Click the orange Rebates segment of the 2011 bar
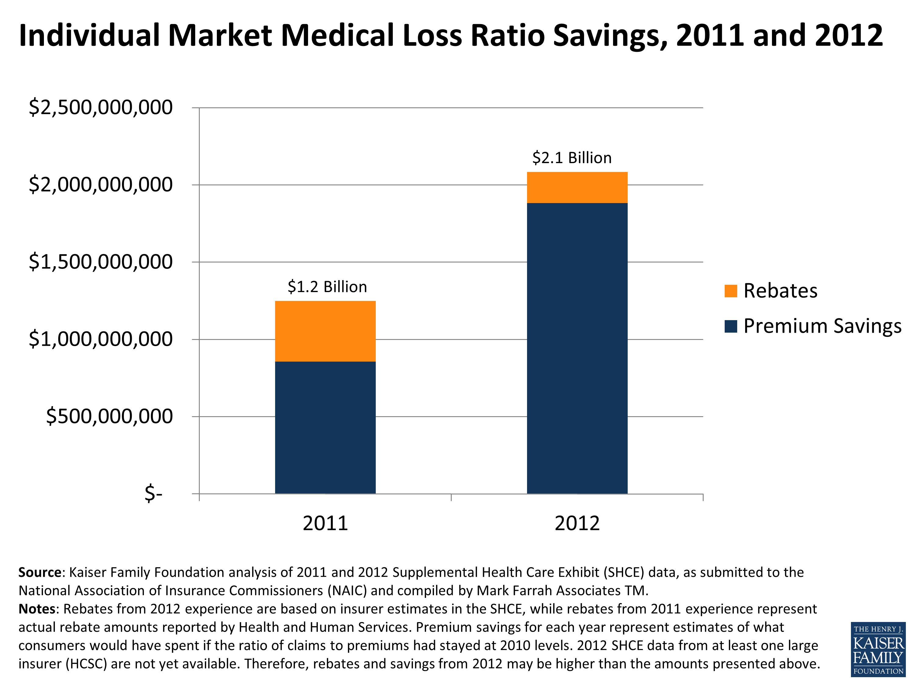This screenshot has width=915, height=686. click(x=325, y=331)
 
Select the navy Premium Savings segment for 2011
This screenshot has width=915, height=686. click(x=325, y=427)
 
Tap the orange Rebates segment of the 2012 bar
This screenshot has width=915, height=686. click(x=577, y=187)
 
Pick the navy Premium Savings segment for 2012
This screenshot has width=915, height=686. click(x=577, y=348)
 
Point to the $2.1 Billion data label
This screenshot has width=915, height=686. click(x=572, y=158)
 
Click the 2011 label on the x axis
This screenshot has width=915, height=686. click(x=325, y=523)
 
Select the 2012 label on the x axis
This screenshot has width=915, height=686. click(x=577, y=523)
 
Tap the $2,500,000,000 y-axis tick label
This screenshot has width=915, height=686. click(x=101, y=108)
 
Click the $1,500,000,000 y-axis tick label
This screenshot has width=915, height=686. click(x=101, y=262)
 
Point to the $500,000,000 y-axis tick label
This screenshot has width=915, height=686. click(x=109, y=416)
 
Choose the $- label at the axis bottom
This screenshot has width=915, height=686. click(x=153, y=493)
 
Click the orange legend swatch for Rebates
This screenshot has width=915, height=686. click(x=731, y=291)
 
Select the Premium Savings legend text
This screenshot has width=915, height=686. click(x=822, y=326)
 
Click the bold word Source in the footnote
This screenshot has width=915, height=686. click(x=40, y=572)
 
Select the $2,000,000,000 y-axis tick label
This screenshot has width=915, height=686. click(x=101, y=185)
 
